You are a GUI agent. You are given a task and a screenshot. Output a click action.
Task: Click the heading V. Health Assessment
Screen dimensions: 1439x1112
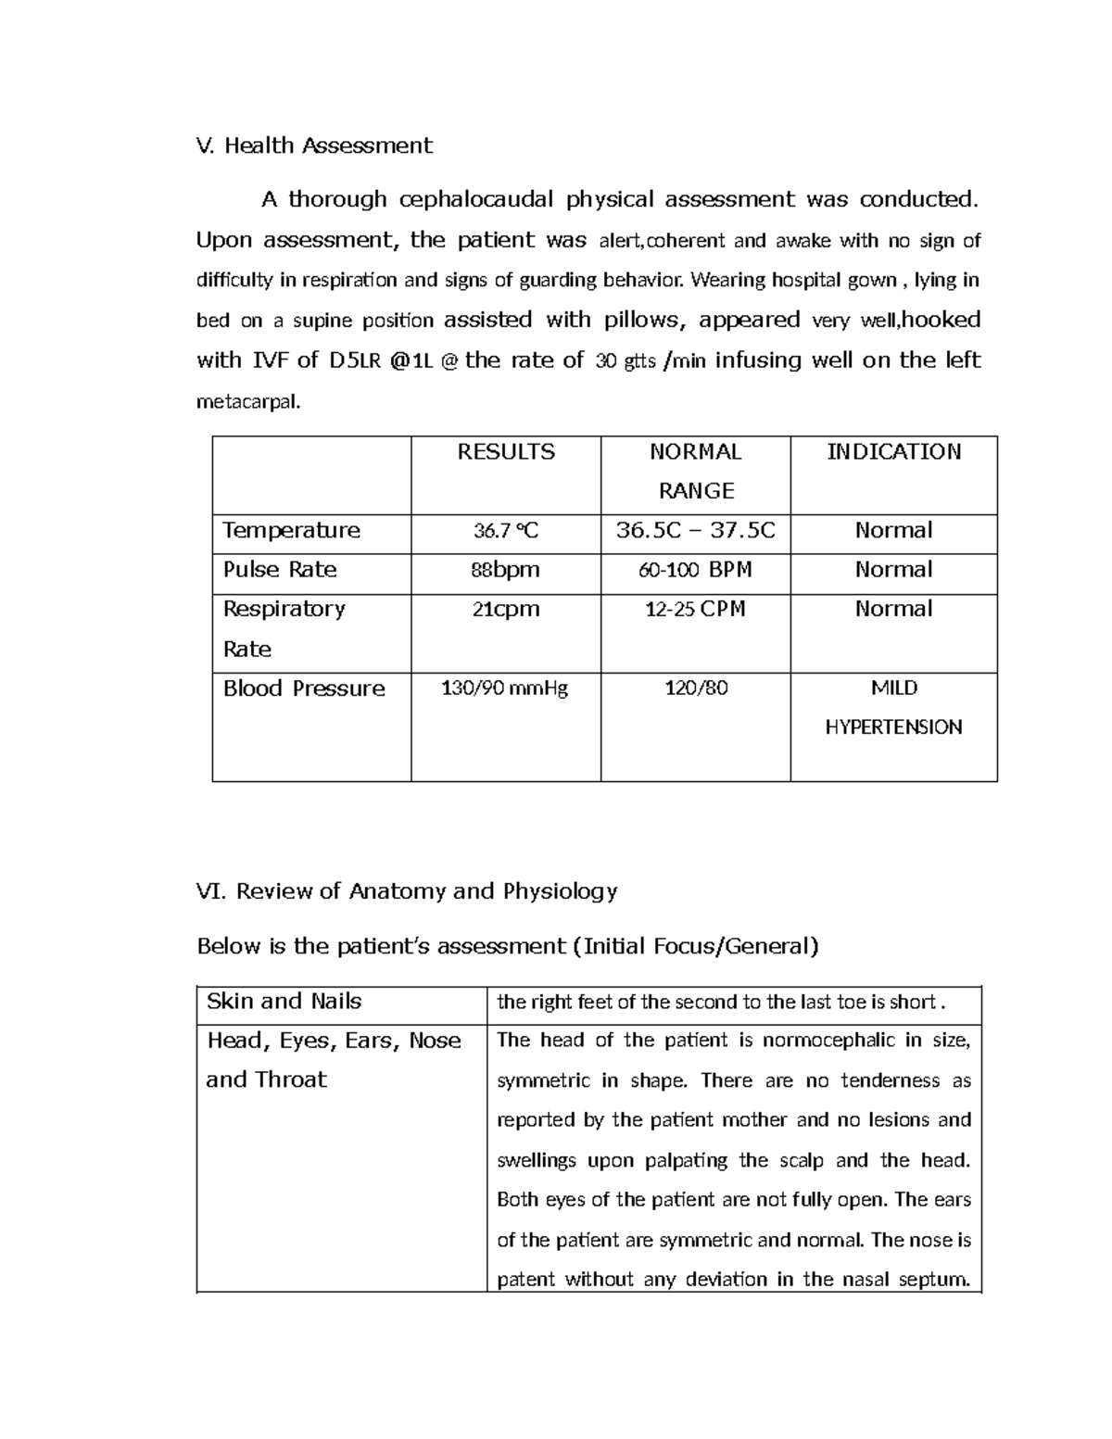(x=314, y=145)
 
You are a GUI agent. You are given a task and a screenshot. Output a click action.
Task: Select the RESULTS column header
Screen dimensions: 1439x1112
(x=506, y=452)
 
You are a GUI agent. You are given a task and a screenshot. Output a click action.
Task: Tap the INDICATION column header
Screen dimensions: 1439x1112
(x=893, y=452)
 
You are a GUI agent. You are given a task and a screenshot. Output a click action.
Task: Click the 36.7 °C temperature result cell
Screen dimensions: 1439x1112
(x=506, y=531)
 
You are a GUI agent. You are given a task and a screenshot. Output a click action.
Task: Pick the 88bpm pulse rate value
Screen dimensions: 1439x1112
(x=505, y=570)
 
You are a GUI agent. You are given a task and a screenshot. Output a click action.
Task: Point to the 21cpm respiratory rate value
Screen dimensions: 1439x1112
(x=505, y=610)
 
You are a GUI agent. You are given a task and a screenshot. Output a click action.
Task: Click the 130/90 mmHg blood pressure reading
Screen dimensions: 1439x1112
(x=505, y=688)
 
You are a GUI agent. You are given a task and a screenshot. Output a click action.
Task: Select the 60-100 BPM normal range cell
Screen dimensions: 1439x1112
(x=695, y=570)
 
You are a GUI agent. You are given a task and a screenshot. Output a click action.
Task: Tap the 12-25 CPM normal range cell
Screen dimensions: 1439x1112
(x=695, y=610)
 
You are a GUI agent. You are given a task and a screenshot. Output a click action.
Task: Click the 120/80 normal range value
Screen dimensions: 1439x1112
(x=696, y=688)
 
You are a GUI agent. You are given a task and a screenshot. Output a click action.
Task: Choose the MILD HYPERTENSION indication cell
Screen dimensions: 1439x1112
(x=893, y=708)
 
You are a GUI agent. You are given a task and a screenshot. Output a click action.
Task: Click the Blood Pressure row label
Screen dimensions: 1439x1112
(x=304, y=688)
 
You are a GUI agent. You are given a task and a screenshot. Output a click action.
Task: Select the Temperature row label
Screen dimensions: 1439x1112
(x=291, y=531)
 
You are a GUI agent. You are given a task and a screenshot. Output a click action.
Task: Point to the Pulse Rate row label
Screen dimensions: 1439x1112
(x=280, y=570)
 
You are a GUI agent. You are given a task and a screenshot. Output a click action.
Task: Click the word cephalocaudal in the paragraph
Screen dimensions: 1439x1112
(x=476, y=199)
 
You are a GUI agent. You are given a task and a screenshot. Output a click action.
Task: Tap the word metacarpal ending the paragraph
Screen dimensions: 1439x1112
(x=248, y=402)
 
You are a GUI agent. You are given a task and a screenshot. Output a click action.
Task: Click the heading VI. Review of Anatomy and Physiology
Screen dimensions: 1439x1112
(x=407, y=891)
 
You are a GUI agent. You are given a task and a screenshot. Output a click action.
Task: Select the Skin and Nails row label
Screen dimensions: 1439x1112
(x=284, y=1002)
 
